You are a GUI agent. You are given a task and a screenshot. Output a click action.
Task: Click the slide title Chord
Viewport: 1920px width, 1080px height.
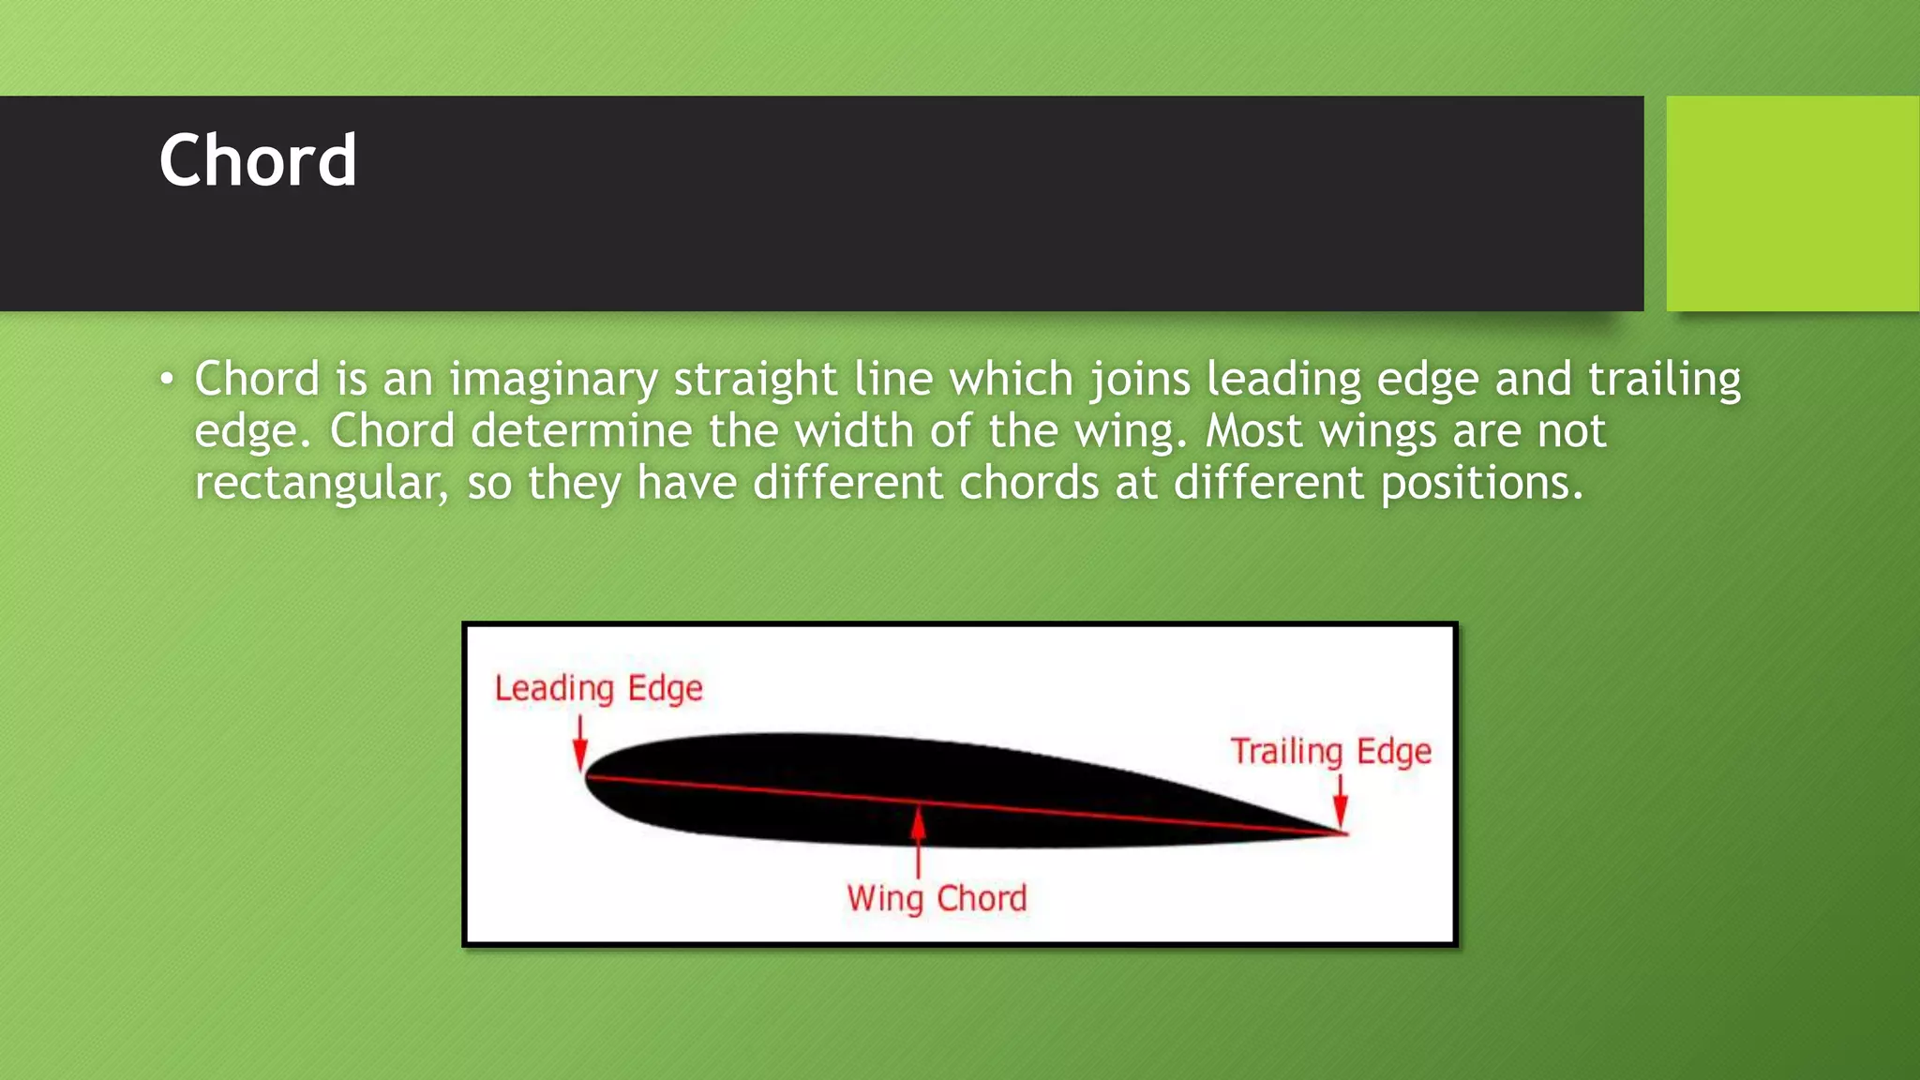pos(258,161)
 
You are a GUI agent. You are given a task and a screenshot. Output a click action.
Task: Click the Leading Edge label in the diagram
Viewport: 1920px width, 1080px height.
pos(598,689)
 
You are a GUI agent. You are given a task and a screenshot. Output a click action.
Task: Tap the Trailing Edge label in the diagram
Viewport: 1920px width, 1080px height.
pos(1330,752)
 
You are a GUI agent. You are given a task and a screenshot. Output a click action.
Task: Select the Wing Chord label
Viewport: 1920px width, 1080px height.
pos(937,898)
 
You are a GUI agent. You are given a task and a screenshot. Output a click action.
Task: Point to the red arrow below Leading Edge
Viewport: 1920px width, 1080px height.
pos(580,744)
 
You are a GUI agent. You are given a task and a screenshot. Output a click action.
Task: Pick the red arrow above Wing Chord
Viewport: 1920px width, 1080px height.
pos(919,839)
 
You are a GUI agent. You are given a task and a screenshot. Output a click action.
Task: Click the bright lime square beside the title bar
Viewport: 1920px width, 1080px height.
pos(1792,203)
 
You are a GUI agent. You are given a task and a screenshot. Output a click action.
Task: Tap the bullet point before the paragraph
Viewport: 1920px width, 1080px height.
pos(166,380)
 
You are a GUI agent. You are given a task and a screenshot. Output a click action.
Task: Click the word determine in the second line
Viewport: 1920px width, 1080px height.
pos(580,431)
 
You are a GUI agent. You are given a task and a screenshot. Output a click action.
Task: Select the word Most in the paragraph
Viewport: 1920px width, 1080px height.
pos(1252,431)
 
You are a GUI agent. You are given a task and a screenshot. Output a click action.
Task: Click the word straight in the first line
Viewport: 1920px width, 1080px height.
pos(755,380)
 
